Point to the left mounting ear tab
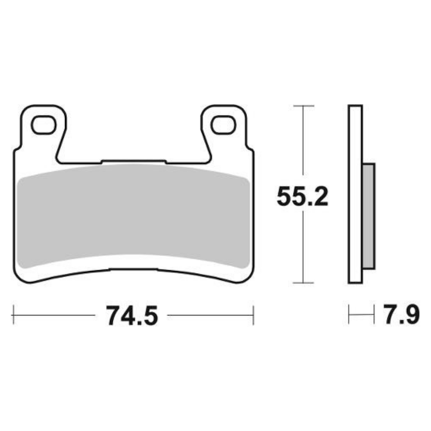pos(43,129)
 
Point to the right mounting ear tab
pos(224,129)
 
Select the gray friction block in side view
pos(369,215)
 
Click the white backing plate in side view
pos(355,194)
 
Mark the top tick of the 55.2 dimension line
pos(303,106)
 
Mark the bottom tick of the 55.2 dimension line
pos(303,283)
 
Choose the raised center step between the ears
pos(134,162)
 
